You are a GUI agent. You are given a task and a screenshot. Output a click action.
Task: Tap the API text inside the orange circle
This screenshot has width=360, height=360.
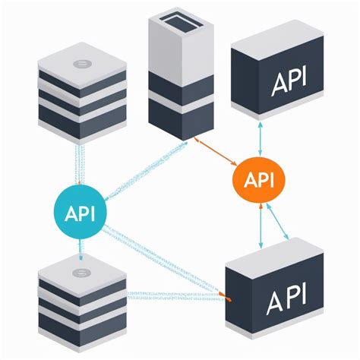click(260, 181)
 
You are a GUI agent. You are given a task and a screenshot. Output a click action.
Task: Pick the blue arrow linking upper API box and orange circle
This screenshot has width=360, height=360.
click(261, 137)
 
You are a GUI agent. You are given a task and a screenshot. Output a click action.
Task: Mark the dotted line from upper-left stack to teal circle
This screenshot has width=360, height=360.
click(77, 163)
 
